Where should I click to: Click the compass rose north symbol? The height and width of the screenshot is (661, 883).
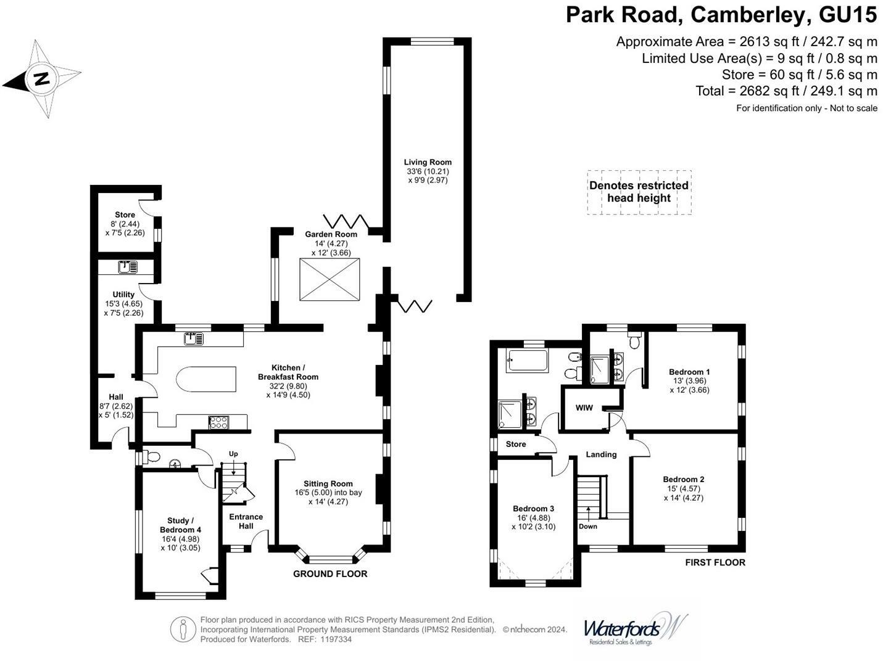tap(42, 79)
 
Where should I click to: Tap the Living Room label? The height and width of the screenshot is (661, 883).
tap(428, 162)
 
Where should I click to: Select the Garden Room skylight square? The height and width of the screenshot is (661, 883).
tap(330, 280)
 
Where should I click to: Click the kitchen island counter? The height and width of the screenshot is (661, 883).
tap(207, 379)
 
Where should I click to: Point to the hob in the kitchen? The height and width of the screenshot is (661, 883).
tap(218, 422)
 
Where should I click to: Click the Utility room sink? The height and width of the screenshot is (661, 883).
tap(128, 267)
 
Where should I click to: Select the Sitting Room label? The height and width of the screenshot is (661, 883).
tap(328, 484)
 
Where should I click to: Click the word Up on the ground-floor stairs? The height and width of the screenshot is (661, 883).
tap(233, 454)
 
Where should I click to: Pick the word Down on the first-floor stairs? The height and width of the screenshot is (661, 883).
tap(587, 527)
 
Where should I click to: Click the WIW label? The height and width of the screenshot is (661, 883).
tap(584, 408)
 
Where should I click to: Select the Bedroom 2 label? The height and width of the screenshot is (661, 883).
tap(683, 479)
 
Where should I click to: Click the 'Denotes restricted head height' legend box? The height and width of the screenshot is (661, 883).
tap(639, 192)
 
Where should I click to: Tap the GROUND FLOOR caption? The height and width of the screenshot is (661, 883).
tap(330, 574)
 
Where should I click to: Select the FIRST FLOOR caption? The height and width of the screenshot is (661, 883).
tap(715, 562)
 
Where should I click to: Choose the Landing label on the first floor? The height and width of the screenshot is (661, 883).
tap(601, 454)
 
